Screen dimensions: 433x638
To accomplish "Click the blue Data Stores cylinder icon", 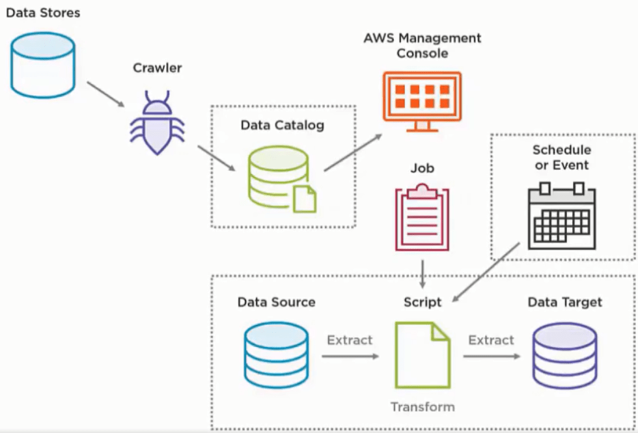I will [43, 65].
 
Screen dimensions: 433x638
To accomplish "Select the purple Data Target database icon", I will [564, 356].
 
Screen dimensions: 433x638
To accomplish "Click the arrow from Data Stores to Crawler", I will [105, 94].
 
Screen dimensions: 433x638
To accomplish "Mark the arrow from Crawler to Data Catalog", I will [216, 158].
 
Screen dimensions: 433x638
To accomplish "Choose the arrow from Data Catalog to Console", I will [353, 152].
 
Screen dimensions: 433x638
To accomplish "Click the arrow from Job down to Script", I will [423, 274].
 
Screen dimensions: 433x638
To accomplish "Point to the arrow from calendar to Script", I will [486, 272].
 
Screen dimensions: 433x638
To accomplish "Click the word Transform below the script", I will [423, 407].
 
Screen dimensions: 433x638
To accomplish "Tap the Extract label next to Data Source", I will [350, 340].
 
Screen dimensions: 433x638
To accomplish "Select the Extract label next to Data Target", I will [491, 340].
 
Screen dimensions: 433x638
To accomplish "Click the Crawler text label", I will [157, 68].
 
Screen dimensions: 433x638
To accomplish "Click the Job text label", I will [422, 168].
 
